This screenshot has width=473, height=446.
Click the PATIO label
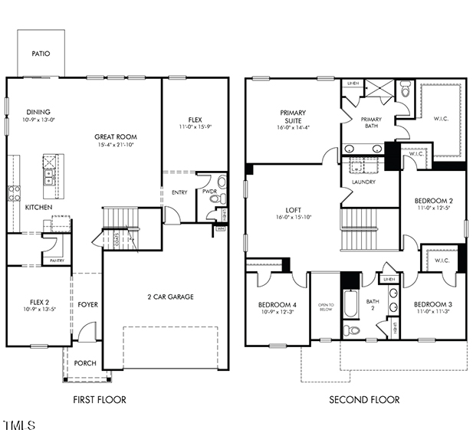40,54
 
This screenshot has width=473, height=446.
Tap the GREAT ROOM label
115,137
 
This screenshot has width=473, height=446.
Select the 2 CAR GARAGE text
170,297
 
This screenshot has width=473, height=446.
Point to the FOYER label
87,305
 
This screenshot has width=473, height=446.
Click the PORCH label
85,362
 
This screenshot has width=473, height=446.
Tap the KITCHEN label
38,208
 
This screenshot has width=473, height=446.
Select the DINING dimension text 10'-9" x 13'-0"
39,120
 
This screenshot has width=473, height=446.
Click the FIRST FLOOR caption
100,399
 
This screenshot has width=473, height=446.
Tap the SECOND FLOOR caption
364,399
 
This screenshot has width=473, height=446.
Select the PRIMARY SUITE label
292,116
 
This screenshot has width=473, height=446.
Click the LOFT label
293,208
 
